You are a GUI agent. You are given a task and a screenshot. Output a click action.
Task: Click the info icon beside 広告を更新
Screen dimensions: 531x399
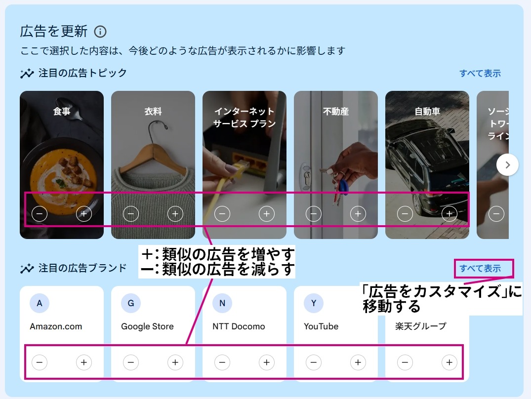100,32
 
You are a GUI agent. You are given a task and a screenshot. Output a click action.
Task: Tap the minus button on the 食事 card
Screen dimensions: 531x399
40,214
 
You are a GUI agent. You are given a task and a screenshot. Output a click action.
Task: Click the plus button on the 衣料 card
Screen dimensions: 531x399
175,214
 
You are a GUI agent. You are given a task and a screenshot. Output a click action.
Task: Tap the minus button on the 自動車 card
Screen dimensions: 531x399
405,214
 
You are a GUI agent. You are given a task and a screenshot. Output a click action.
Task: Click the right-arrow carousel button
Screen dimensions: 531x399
507,165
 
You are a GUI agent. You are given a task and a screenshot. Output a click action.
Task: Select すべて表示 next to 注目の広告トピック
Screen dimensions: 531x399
480,74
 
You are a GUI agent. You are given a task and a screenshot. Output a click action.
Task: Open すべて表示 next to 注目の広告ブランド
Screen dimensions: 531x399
480,268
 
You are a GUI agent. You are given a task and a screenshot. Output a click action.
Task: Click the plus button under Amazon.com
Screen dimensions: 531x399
83,362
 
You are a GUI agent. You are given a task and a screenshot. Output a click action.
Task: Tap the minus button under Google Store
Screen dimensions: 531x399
131,362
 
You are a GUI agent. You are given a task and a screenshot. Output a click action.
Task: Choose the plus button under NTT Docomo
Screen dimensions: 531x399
267,362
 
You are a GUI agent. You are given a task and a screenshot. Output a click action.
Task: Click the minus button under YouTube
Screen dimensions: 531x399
314,362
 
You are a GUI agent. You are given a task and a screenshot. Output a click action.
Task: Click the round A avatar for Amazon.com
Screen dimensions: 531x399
40,303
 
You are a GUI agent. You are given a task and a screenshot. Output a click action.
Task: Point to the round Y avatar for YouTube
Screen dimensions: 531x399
314,303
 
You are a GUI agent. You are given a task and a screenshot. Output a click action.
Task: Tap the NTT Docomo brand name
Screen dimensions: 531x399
239,326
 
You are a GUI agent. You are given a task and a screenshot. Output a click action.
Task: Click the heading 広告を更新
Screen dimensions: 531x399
54,32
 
